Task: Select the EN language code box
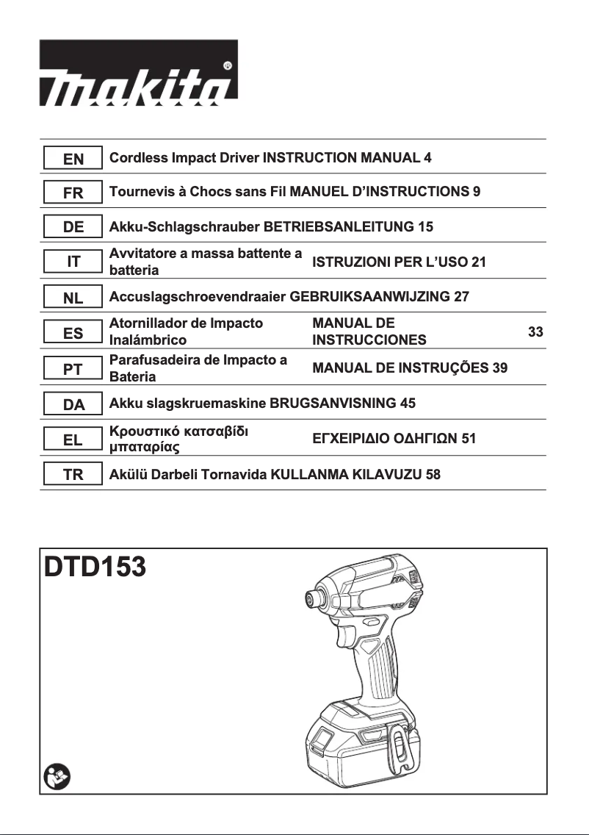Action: pyautogui.click(x=73, y=158)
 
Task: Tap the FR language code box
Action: pyautogui.click(x=73, y=193)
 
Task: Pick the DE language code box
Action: pyautogui.click(x=73, y=227)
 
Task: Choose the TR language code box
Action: pyautogui.click(x=73, y=475)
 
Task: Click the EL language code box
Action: pyautogui.click(x=73, y=440)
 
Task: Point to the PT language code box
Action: pyautogui.click(x=73, y=369)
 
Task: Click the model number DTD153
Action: pyautogui.click(x=95, y=567)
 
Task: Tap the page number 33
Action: pyautogui.click(x=535, y=332)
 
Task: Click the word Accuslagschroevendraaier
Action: pyautogui.click(x=198, y=298)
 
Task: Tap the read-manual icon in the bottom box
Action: pyautogui.click(x=56, y=775)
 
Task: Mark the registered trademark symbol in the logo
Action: pyautogui.click(x=228, y=65)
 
